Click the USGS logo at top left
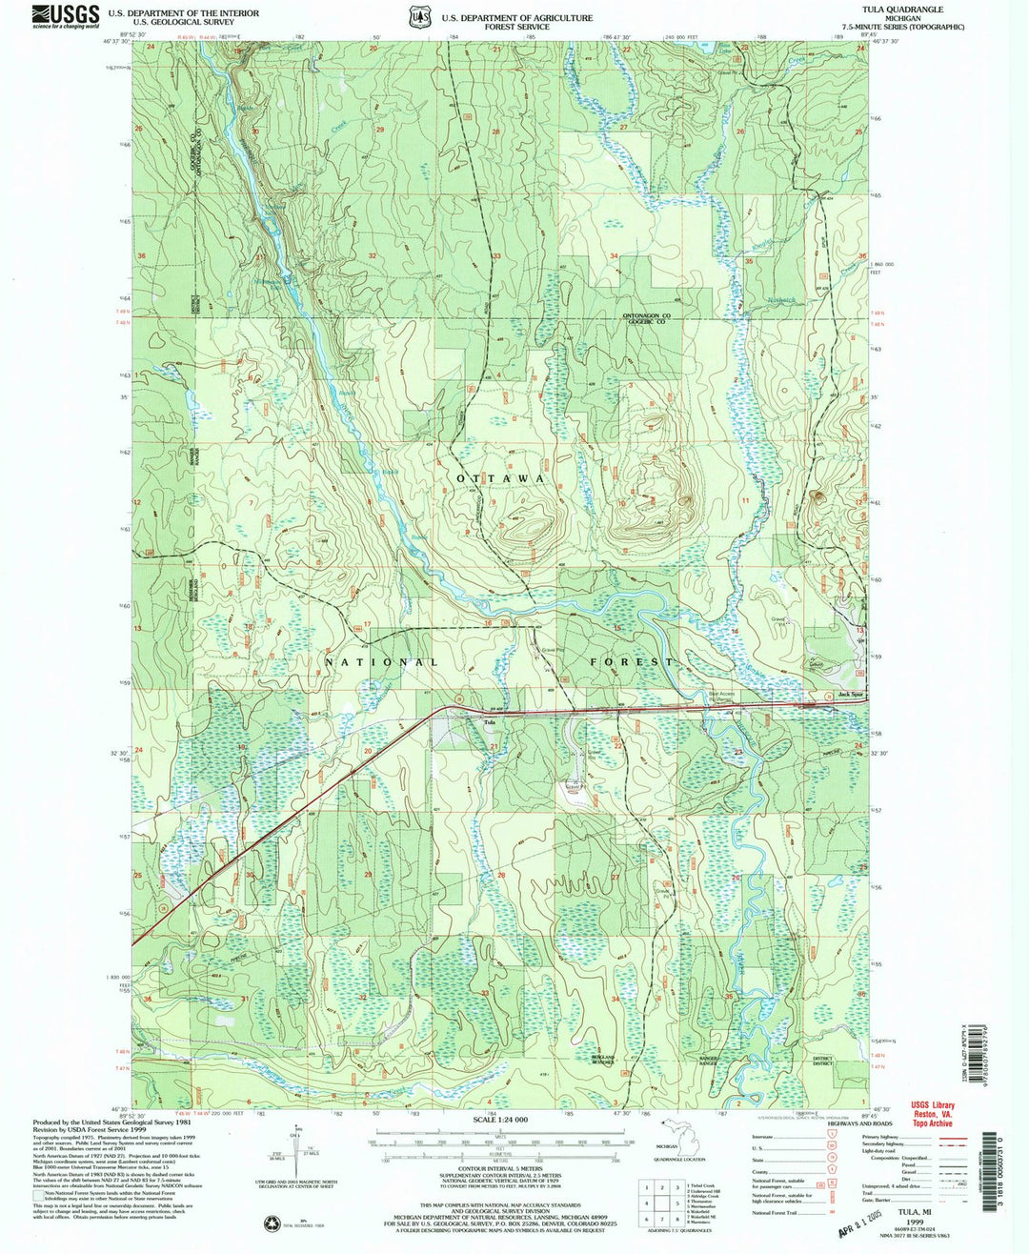pyautogui.click(x=65, y=15)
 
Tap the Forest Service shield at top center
pyautogui.click(x=417, y=17)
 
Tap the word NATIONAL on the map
pyautogui.click(x=381, y=661)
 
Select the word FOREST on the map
pyautogui.click(x=631, y=661)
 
